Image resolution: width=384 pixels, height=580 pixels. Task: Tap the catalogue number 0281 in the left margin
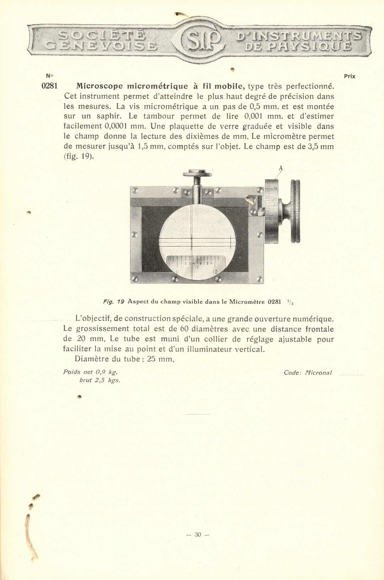(49, 86)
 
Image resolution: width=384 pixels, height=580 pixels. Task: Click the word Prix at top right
(350, 76)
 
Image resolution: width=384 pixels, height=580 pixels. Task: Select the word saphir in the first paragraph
(107, 116)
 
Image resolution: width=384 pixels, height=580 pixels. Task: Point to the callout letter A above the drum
(281, 168)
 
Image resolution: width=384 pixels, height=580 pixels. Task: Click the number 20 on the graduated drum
(276, 204)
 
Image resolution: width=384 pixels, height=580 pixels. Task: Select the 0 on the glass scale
(177, 272)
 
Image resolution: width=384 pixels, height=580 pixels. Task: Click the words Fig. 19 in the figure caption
(113, 302)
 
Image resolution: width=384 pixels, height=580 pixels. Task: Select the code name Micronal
(318, 373)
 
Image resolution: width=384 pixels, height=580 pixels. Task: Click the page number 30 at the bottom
(198, 534)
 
